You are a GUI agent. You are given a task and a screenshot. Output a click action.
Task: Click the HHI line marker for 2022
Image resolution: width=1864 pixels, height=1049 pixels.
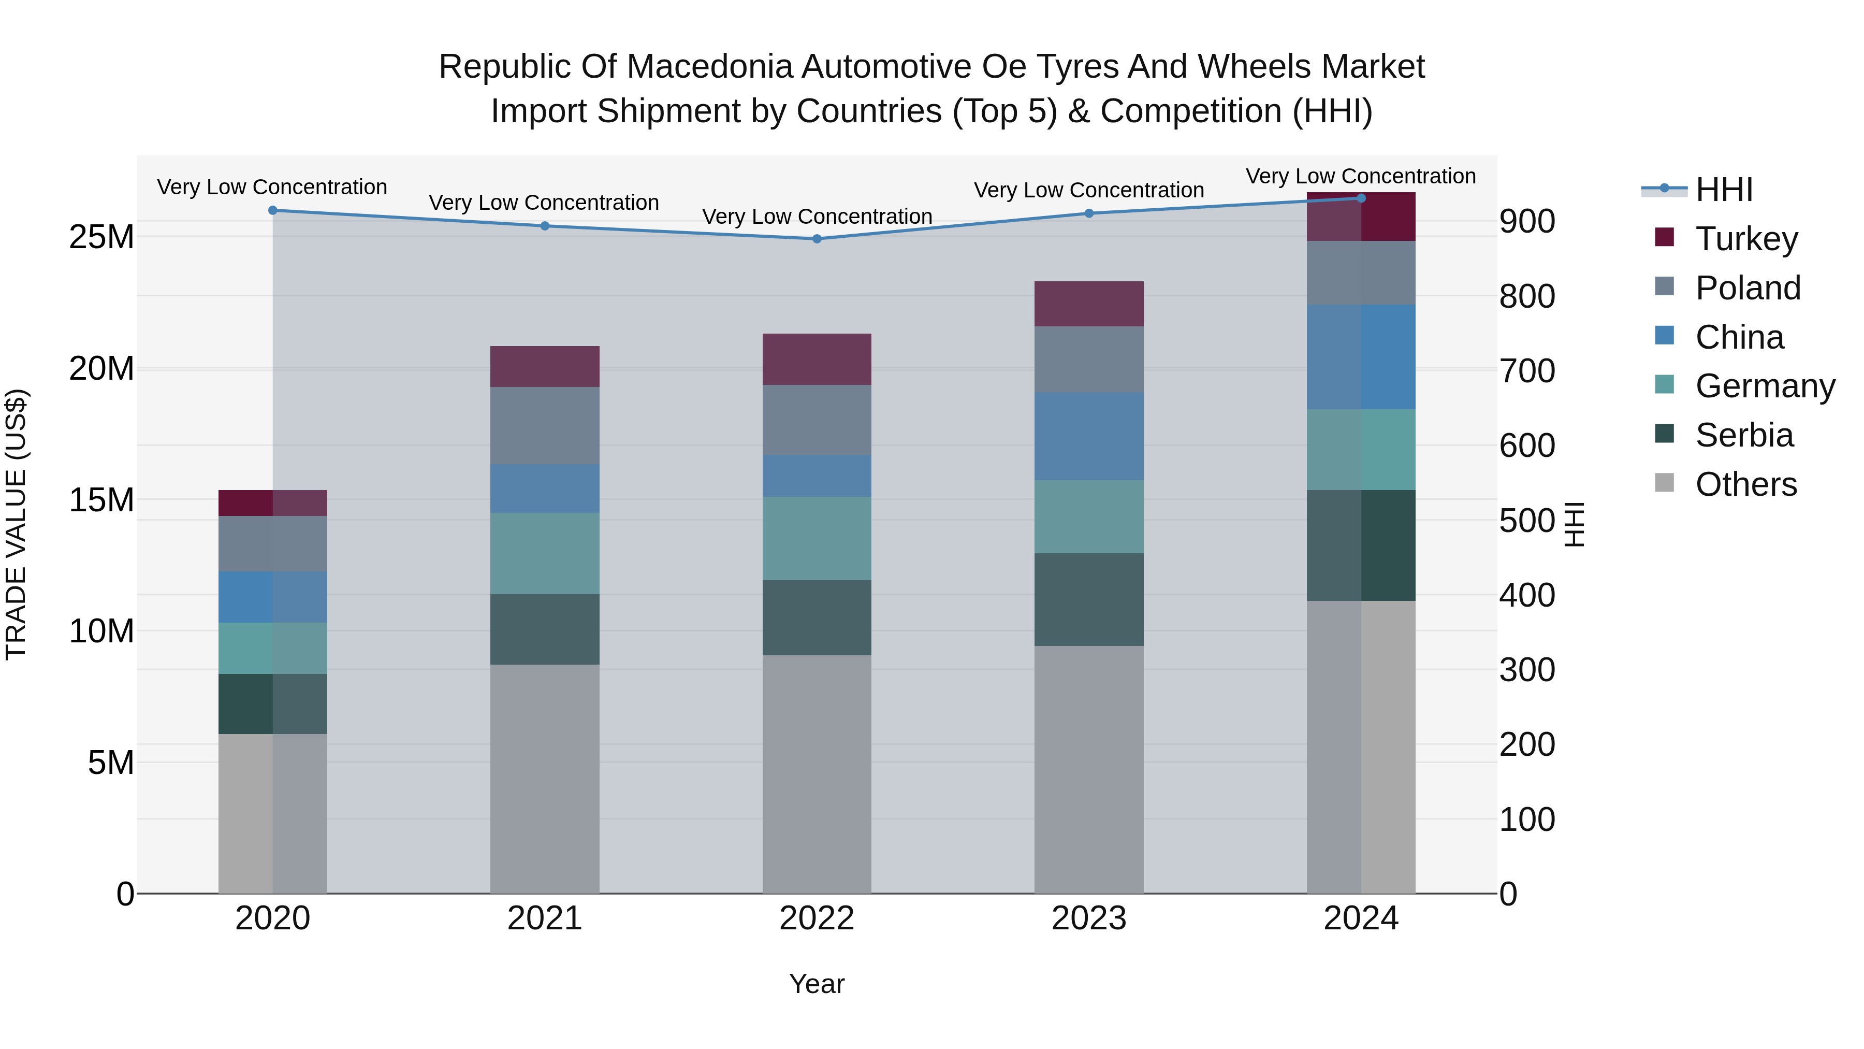click(x=817, y=239)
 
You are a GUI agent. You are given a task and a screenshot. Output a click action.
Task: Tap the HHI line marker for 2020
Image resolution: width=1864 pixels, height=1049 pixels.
click(x=273, y=211)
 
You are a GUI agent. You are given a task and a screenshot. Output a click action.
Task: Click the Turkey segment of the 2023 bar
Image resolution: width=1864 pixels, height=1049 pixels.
click(x=1089, y=304)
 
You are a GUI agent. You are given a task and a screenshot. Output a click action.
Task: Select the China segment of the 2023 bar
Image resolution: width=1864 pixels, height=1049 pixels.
click(x=1089, y=437)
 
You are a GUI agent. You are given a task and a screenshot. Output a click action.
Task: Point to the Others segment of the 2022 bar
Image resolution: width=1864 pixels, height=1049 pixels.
click(x=817, y=774)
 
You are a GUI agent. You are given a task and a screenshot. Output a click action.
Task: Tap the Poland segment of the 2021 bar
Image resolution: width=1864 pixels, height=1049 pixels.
click(x=545, y=426)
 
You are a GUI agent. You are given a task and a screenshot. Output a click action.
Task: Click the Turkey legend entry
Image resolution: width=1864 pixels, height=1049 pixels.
click(x=1746, y=239)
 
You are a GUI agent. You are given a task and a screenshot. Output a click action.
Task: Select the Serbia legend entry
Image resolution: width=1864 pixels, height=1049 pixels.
click(x=1744, y=435)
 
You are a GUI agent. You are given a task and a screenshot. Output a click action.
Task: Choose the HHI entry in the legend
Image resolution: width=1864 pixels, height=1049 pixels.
click(x=1724, y=190)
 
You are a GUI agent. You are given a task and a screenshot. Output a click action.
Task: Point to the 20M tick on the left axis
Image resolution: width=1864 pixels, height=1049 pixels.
click(x=101, y=368)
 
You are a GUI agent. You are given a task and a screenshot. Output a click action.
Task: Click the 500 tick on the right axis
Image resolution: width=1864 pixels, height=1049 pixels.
click(x=1527, y=521)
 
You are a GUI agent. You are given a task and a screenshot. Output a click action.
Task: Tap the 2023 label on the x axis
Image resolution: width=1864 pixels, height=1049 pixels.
click(x=1089, y=918)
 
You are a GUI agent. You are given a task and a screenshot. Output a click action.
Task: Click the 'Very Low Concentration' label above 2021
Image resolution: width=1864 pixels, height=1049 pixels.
click(x=544, y=203)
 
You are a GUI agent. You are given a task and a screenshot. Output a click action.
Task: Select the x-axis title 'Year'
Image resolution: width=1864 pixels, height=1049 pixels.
click(x=817, y=984)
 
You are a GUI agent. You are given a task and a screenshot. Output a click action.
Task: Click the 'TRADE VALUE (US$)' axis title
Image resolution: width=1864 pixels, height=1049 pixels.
click(x=16, y=524)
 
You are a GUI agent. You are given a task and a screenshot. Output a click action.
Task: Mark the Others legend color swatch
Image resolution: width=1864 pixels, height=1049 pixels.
click(x=1664, y=483)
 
